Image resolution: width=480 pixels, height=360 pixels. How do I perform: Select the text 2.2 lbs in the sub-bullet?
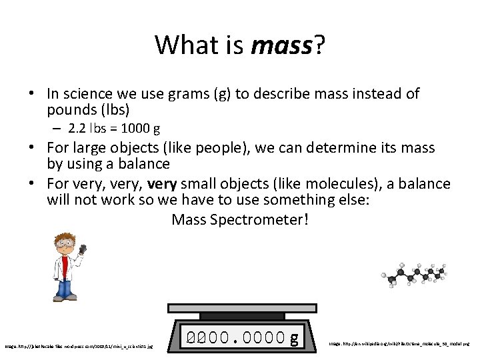[x=91, y=128]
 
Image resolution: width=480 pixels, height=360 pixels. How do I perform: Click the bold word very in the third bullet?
[x=161, y=184]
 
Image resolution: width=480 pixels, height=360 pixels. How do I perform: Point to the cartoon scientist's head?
[x=64, y=243]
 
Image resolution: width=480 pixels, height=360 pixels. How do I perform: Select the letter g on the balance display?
[x=294, y=339]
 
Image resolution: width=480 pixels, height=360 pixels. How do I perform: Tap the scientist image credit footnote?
[x=79, y=346]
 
